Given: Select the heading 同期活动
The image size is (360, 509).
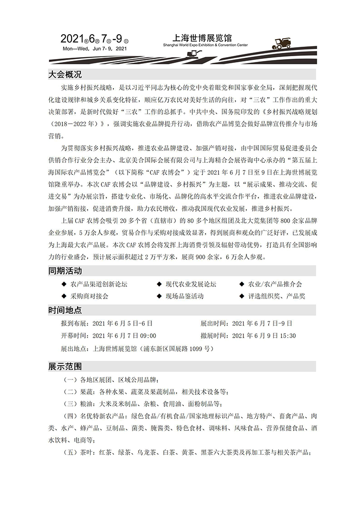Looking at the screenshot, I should (x=65, y=271).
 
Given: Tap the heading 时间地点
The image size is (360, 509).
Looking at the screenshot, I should (x=65, y=310).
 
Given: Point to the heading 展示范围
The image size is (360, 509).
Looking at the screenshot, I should (x=65, y=366).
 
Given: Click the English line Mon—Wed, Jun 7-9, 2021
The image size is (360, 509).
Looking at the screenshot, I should (x=94, y=49).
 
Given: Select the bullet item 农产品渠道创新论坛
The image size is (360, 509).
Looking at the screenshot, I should (x=99, y=284).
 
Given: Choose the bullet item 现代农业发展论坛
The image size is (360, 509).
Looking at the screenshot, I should (x=190, y=284).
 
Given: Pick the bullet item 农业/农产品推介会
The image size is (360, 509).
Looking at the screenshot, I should (x=275, y=284).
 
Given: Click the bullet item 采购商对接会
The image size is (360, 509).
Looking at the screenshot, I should (x=89, y=296).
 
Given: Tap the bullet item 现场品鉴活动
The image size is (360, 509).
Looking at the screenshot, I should (x=184, y=296).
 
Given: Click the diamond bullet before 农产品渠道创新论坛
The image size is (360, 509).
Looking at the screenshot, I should (x=64, y=284).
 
